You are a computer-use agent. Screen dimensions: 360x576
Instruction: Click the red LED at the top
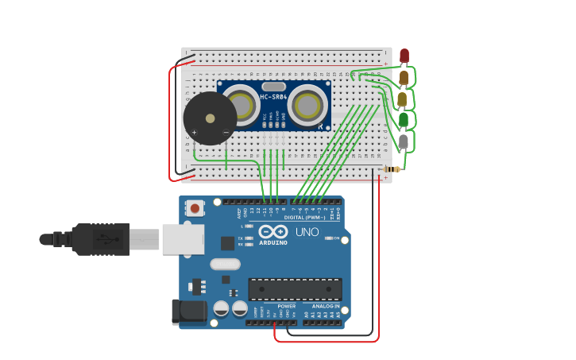(404, 56)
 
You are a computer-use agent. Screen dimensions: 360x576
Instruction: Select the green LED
(404, 120)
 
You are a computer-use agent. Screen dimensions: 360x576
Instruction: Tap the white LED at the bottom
(404, 141)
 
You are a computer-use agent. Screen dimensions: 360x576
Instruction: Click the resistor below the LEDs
(392, 168)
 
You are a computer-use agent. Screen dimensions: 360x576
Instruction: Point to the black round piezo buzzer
(210, 118)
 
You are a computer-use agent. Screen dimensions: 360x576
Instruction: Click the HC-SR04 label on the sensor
(273, 98)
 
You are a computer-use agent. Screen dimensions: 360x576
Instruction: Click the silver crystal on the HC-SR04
(273, 86)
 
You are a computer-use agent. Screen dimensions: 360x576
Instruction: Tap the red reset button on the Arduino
(195, 208)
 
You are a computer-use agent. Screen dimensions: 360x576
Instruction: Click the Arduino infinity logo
(273, 231)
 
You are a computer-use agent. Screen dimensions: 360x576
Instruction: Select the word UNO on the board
(307, 232)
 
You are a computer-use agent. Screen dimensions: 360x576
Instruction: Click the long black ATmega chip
(295, 288)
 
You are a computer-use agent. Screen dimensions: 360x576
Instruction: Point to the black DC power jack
(189, 312)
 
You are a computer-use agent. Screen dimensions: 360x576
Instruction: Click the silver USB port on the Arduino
(183, 238)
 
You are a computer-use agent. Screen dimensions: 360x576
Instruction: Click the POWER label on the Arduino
(286, 306)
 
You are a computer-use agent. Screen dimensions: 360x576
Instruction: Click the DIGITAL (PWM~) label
(303, 216)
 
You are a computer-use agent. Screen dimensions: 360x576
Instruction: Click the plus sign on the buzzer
(195, 132)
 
